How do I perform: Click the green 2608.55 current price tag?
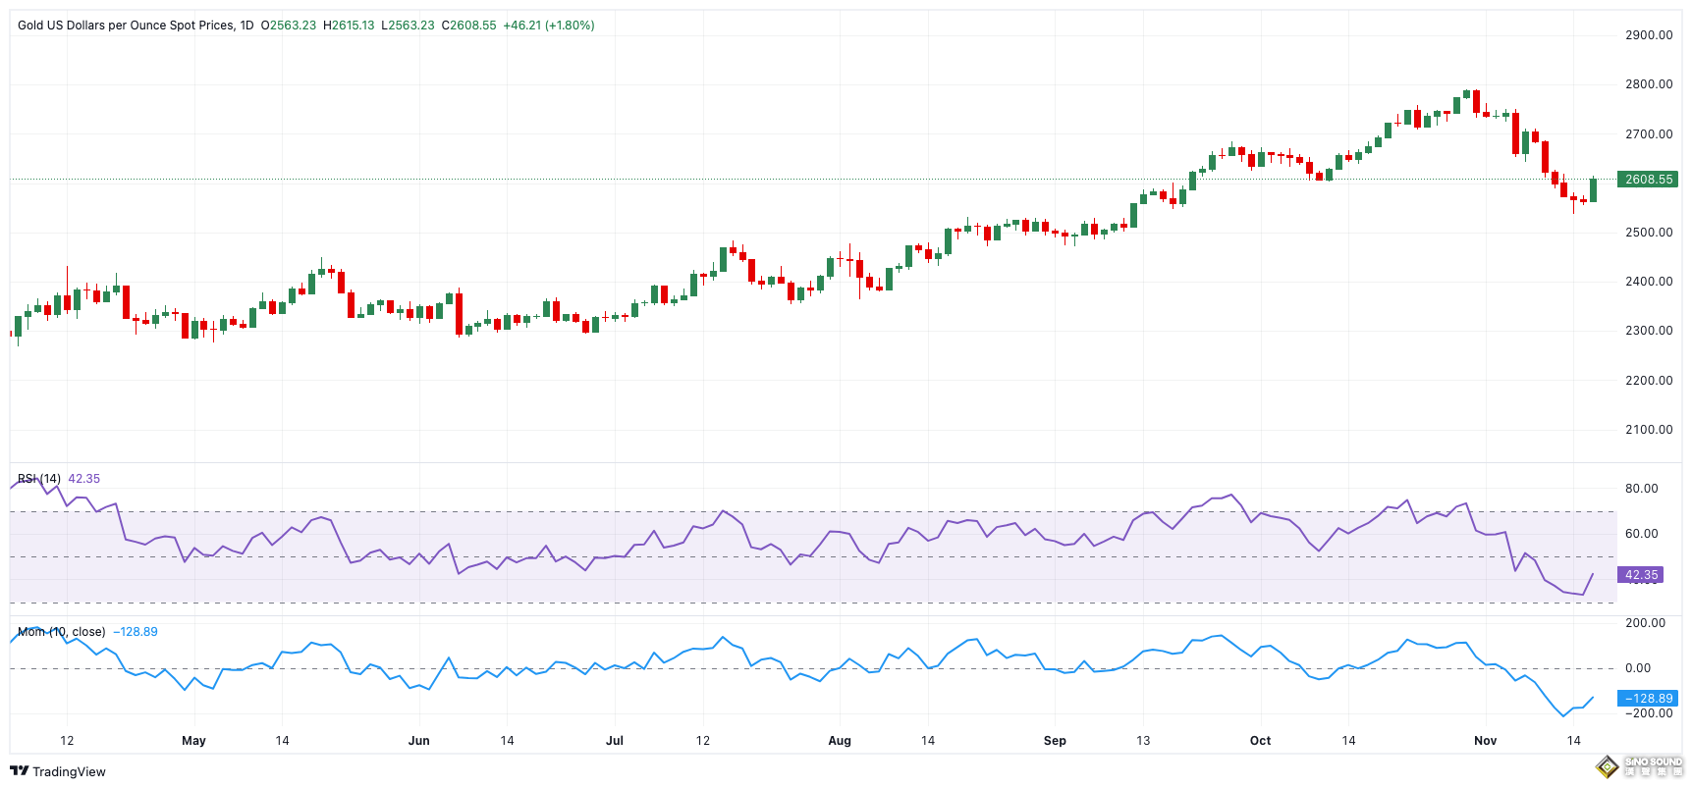click(1648, 180)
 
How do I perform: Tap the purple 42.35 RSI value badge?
click(1641, 575)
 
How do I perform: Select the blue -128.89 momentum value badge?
click(1649, 699)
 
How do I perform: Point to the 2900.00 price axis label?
click(1649, 35)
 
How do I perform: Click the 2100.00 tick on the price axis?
click(1649, 430)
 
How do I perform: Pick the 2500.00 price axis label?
click(1649, 233)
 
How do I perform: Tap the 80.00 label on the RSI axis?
click(1641, 489)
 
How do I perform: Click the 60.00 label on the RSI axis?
click(1641, 534)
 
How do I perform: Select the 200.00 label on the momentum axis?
click(1645, 623)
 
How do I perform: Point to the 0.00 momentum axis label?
click(1637, 668)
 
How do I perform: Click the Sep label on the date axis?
click(1055, 741)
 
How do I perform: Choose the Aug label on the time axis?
click(840, 741)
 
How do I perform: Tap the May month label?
click(193, 741)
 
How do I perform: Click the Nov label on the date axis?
click(1485, 741)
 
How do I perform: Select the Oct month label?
click(1260, 741)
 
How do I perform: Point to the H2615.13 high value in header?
click(349, 26)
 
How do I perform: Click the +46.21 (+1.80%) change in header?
click(548, 26)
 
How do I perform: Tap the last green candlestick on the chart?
click(1593, 189)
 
